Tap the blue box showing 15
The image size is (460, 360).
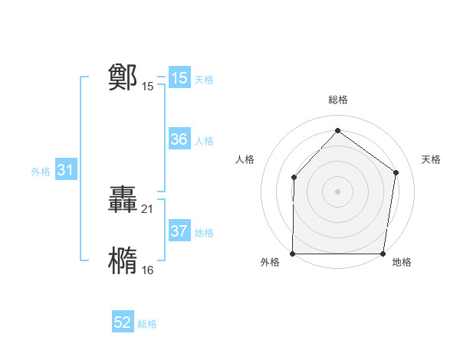pos(179,78)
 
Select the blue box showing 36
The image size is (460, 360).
pos(179,139)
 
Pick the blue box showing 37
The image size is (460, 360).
pos(179,231)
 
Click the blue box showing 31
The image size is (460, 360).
pos(65,171)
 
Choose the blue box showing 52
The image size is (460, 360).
pos(123,322)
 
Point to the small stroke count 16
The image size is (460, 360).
pos(148,270)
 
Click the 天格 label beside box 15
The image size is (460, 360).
pos(204,79)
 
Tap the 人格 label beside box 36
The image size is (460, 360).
pos(204,140)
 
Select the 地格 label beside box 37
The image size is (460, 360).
pos(204,232)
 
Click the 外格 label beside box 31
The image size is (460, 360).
pos(41,172)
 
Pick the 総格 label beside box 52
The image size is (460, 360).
pos(147,324)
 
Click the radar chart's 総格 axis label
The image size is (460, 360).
pos(338,100)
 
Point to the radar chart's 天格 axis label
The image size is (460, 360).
pos(432,159)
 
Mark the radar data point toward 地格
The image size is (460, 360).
pos(383,254)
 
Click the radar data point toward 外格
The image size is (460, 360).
pos(293,254)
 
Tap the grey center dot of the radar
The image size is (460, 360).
pos(338,191)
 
